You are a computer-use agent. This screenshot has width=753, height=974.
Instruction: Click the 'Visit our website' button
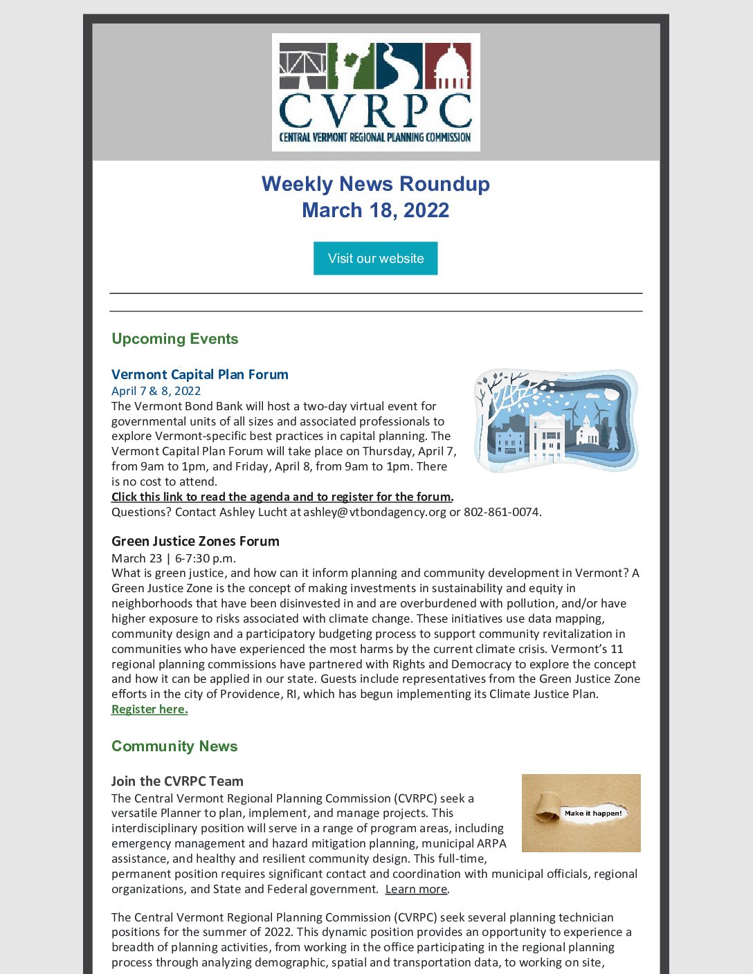pyautogui.click(x=375, y=258)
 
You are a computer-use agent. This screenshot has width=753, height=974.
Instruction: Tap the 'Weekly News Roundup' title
pyautogui.click(x=375, y=184)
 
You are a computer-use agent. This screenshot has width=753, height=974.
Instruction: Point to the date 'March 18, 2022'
pyautogui.click(x=375, y=210)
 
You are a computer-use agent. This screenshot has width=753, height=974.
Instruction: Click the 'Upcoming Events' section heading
pyautogui.click(x=174, y=339)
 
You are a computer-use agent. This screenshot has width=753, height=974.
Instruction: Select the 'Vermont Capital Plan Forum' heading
pyautogui.click(x=199, y=374)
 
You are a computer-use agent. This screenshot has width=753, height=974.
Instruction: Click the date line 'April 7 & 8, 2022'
pyautogui.click(x=156, y=391)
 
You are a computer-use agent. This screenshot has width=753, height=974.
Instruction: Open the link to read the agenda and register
pyautogui.click(x=282, y=497)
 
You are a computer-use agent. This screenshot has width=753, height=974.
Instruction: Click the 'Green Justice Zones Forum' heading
pyautogui.click(x=195, y=541)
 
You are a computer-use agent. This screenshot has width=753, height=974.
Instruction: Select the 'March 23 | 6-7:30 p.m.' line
pyautogui.click(x=174, y=558)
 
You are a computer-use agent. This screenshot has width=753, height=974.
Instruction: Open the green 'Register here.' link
pyautogui.click(x=149, y=709)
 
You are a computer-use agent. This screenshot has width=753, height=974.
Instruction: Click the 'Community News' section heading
pyautogui.click(x=174, y=746)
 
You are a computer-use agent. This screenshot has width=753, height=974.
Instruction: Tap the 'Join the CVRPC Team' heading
pyautogui.click(x=177, y=781)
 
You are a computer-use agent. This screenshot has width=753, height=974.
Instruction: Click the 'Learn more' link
pyautogui.click(x=416, y=889)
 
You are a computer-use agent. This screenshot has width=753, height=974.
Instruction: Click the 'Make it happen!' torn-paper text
pyautogui.click(x=592, y=813)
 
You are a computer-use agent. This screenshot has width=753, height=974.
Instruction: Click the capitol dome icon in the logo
pyautogui.click(x=448, y=66)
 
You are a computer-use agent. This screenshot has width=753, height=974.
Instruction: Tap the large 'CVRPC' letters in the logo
pyautogui.click(x=375, y=111)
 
